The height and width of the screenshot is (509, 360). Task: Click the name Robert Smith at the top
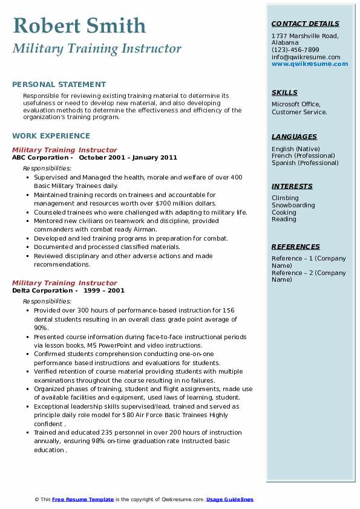click(79, 25)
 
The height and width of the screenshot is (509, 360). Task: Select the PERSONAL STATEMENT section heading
click(59, 85)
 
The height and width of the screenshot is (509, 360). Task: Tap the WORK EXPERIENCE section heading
click(51, 136)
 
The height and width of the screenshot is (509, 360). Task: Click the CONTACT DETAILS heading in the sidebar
click(306, 24)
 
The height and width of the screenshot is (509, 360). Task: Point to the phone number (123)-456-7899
click(295, 50)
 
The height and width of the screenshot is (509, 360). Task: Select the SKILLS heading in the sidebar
click(284, 92)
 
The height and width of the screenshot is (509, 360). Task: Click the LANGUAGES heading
click(294, 137)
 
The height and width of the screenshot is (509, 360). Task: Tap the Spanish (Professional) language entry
click(305, 163)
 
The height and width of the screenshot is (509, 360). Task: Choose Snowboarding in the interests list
click(293, 206)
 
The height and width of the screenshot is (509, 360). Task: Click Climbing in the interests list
click(285, 198)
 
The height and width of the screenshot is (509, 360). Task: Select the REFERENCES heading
click(296, 247)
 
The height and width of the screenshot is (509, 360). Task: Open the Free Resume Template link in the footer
click(82, 499)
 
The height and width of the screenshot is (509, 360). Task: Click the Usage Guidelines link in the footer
click(229, 499)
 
